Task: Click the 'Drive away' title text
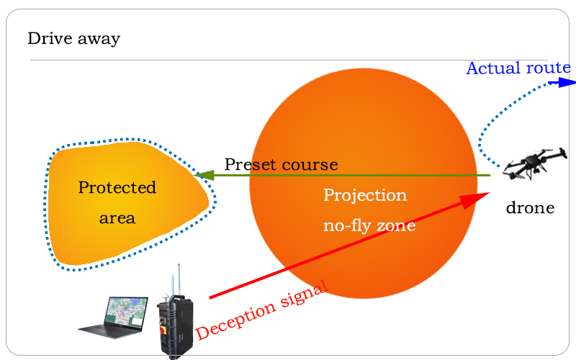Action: (74, 39)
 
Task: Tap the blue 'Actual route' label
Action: (518, 68)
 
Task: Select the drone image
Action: (535, 164)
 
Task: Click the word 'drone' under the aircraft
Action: (530, 208)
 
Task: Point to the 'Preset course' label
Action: (281, 165)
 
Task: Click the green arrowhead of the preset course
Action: (204, 175)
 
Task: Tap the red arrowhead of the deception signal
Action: (475, 200)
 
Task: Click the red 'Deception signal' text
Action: (261, 310)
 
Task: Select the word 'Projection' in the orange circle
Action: (365, 195)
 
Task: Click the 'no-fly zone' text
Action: (369, 225)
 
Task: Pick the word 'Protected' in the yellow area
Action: (117, 188)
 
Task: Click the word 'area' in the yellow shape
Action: (117, 218)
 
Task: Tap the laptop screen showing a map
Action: (126, 312)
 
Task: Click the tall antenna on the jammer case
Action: (179, 280)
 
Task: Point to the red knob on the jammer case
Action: (162, 330)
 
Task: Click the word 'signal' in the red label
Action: (304, 294)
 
